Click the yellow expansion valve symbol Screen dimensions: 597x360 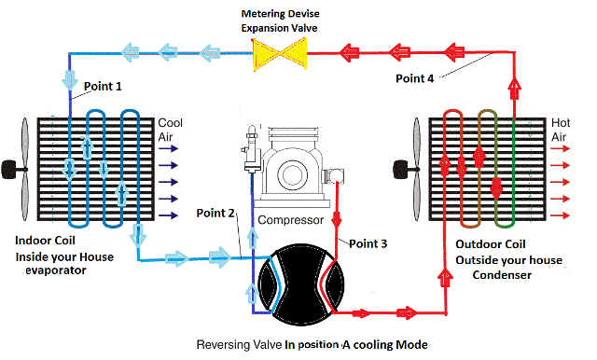[280, 53]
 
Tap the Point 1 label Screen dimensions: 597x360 [103, 87]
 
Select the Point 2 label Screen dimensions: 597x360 [215, 213]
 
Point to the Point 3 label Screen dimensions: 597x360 [368, 243]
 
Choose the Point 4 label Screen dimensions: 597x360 [414, 78]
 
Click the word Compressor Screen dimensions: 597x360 [290, 220]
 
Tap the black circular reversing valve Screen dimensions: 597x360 [301, 285]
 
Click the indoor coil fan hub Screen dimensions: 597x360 [10, 170]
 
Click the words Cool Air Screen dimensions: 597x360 [170, 130]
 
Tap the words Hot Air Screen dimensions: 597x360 [561, 130]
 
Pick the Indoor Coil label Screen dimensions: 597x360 [45, 241]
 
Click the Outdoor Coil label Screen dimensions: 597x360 [491, 244]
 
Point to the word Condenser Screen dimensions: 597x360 [502, 275]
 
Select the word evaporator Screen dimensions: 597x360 [56, 270]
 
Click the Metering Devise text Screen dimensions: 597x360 [280, 14]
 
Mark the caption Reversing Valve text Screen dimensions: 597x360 [240, 345]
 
